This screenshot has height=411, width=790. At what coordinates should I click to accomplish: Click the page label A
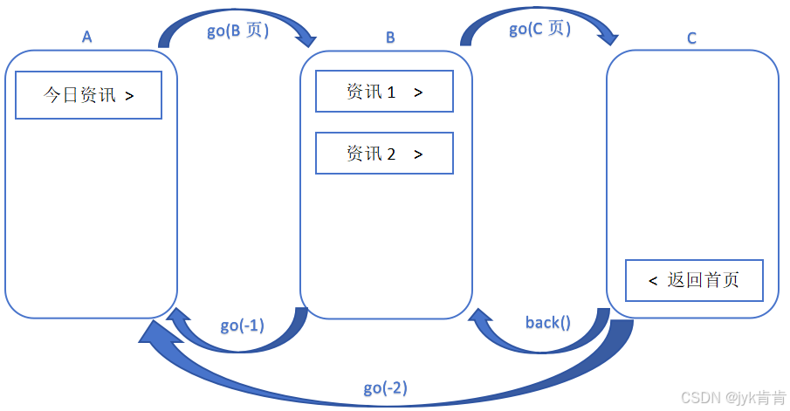click(86, 37)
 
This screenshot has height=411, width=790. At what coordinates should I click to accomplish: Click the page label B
click(390, 37)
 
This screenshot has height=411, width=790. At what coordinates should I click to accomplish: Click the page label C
click(691, 38)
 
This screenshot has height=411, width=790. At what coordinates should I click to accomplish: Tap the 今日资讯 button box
click(89, 95)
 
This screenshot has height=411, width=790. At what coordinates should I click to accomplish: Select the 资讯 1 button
click(384, 92)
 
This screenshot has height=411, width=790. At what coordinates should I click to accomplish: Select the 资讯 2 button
click(384, 154)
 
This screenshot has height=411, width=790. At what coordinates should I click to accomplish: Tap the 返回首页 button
click(694, 280)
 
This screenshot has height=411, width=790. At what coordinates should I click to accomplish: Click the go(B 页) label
click(237, 31)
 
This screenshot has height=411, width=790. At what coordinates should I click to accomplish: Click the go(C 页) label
click(539, 29)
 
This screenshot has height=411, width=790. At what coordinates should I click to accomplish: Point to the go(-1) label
click(242, 325)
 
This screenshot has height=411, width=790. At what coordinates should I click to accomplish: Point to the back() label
click(547, 323)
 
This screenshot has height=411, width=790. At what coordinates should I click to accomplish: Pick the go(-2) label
click(385, 387)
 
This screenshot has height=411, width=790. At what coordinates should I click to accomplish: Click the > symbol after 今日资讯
click(129, 96)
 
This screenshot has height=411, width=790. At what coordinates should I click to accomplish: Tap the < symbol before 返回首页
click(653, 280)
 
